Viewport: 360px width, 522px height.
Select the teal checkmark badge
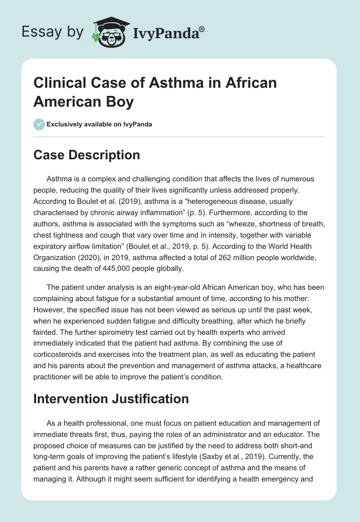pyautogui.click(x=39, y=124)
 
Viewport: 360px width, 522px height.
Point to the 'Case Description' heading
pyautogui.click(x=87, y=155)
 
